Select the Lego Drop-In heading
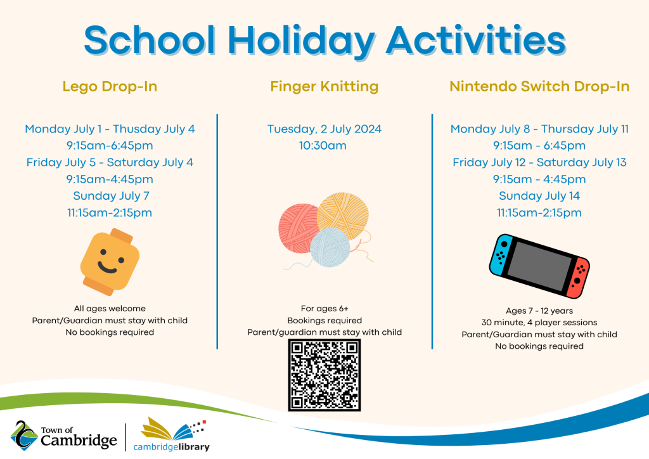(110, 86)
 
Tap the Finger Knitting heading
(324, 86)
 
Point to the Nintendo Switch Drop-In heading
(539, 86)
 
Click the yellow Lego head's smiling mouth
(107, 268)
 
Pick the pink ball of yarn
(298, 228)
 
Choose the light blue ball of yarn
(330, 247)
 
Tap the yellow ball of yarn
(343, 215)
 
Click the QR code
(324, 375)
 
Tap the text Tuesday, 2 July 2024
(324, 129)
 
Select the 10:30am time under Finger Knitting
(323, 146)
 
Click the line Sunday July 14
(539, 196)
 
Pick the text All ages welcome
(110, 308)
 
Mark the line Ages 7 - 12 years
(539, 311)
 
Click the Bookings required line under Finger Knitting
(324, 320)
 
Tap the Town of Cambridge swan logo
(24, 436)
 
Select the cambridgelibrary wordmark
(171, 447)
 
